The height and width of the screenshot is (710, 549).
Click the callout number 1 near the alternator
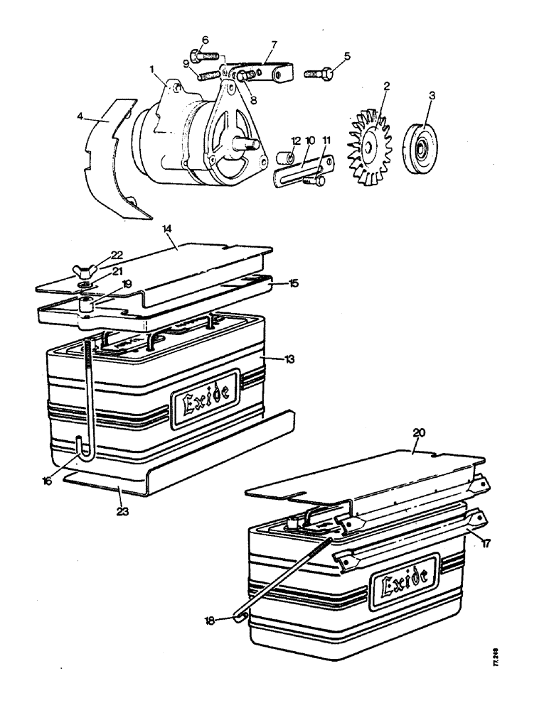(x=151, y=70)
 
